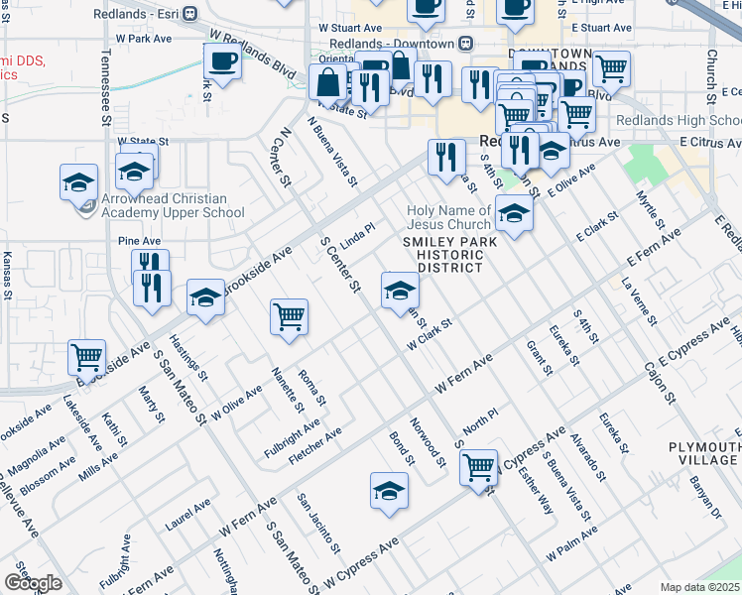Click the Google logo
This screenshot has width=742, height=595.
point(33,584)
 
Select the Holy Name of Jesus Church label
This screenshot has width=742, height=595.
point(449,217)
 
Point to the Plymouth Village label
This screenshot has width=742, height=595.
point(702,453)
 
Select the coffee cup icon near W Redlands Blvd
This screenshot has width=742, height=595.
point(221,61)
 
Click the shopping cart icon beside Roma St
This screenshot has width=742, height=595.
point(289,317)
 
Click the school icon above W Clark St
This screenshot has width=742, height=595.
point(400,291)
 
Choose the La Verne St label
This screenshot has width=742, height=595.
point(640,302)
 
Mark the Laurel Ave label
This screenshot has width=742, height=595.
point(188,511)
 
